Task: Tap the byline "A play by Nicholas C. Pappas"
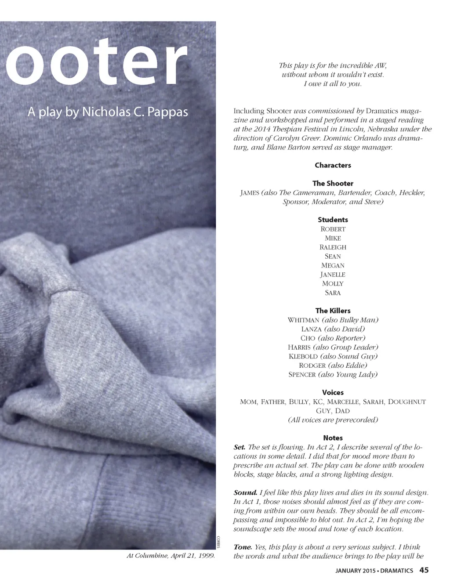pyautogui.click(x=108, y=112)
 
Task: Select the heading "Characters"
pyautogui.click(x=333, y=165)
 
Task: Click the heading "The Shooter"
pyautogui.click(x=333, y=183)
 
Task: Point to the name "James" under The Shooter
pyautogui.click(x=250, y=193)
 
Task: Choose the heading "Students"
pyautogui.click(x=333, y=220)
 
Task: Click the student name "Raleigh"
pyautogui.click(x=333, y=247)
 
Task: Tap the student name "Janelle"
pyautogui.click(x=333, y=275)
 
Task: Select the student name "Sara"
pyautogui.click(x=333, y=293)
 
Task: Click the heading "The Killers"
pyautogui.click(x=333, y=311)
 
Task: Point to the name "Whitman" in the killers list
pyautogui.click(x=303, y=320)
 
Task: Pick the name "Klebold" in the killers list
pyautogui.click(x=303, y=356)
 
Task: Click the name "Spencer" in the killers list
pyautogui.click(x=302, y=375)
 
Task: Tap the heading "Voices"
pyautogui.click(x=333, y=392)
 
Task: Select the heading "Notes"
pyautogui.click(x=333, y=438)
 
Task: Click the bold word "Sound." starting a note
pyautogui.click(x=245, y=492)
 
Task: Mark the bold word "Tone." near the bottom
pyautogui.click(x=243, y=547)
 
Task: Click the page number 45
pyautogui.click(x=424, y=570)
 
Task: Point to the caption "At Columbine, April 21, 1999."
pyautogui.click(x=171, y=556)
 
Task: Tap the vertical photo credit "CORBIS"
pyautogui.click(x=218, y=542)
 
